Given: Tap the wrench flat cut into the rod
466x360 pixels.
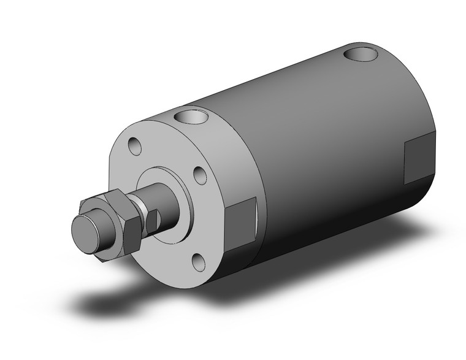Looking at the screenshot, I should pos(155,218).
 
